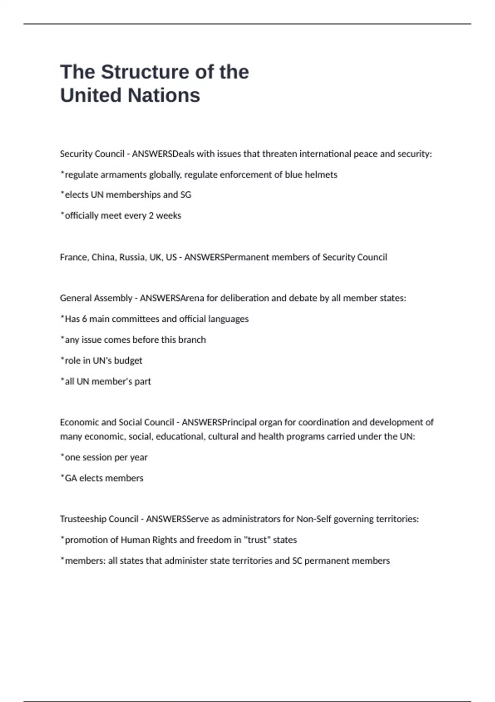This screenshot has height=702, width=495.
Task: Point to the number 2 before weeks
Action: click(151, 216)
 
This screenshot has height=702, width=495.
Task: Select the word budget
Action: click(128, 360)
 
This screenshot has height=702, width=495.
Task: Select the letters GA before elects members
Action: click(71, 478)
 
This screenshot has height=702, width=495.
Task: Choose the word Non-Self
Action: click(313, 519)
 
